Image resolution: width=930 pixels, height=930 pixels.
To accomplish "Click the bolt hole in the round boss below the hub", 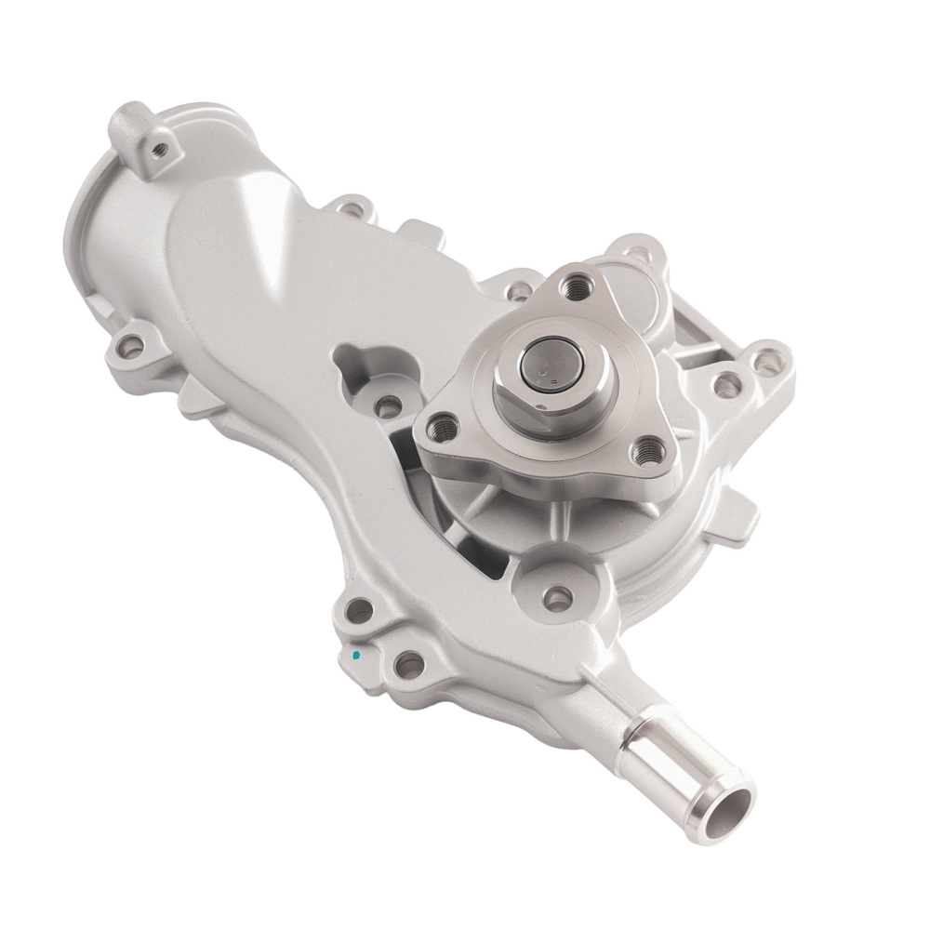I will [556, 599].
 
